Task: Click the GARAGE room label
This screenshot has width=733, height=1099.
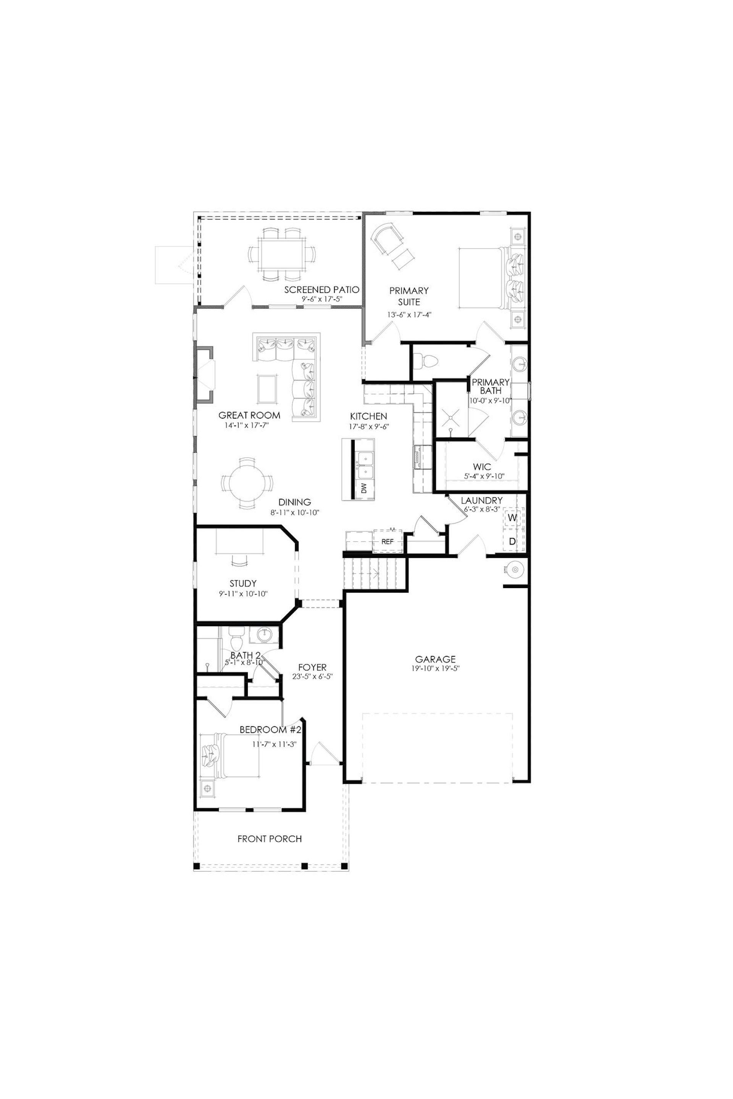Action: click(x=435, y=659)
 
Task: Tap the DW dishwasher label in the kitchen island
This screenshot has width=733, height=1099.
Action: click(x=364, y=489)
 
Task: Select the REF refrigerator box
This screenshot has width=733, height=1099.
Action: click(x=388, y=541)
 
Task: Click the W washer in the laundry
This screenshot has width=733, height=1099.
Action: click(x=512, y=518)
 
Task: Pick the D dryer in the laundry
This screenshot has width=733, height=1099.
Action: click(x=512, y=541)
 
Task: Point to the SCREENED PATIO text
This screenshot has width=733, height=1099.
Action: click(x=322, y=290)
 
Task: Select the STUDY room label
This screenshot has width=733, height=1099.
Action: click(x=243, y=583)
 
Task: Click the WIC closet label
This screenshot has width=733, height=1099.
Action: click(x=481, y=467)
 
